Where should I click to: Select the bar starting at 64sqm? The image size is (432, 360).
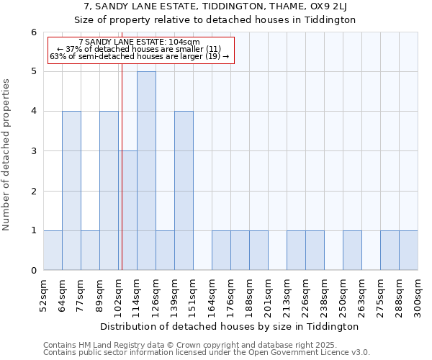71,191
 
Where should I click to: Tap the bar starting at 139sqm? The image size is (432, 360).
184,191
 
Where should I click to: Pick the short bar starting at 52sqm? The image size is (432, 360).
53,251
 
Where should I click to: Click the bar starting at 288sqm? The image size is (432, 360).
408,251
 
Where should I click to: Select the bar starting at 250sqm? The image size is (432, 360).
352,251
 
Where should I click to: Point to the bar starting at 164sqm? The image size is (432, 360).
221,251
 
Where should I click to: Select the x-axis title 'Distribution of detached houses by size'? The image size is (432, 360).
230,326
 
